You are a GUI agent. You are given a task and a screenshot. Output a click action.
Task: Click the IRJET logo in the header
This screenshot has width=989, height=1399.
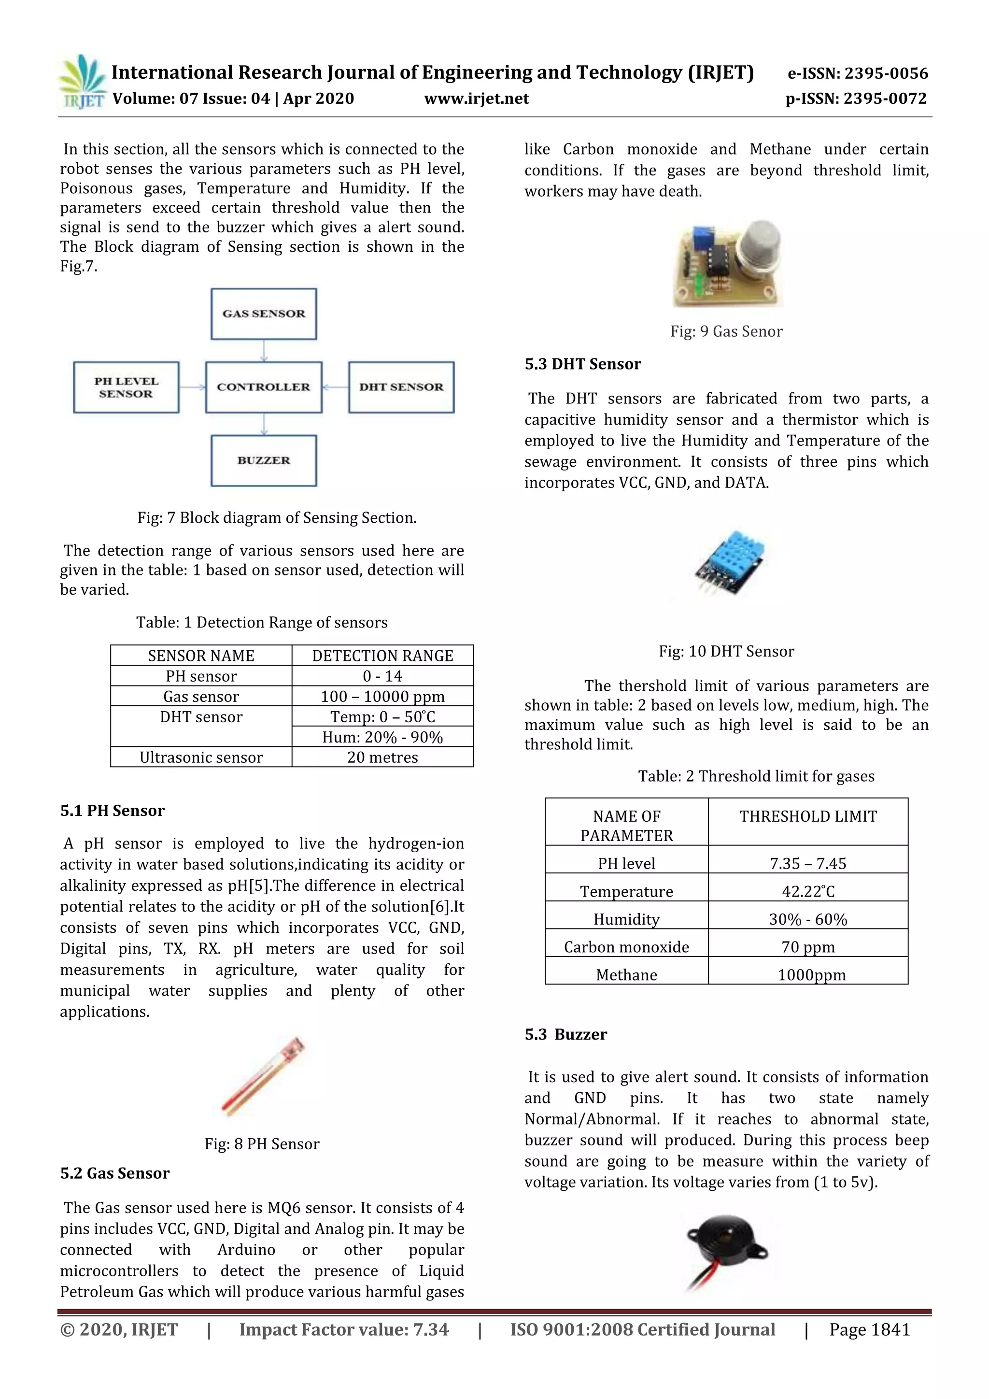pyautogui.click(x=82, y=82)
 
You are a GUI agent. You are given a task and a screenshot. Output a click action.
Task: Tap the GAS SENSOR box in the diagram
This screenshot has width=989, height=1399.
pyautogui.click(x=264, y=314)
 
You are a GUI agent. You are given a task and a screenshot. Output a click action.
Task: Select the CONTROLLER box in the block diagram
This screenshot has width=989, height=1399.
pyautogui.click(x=264, y=387)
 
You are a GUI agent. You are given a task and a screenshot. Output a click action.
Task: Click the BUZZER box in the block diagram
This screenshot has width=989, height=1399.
pyautogui.click(x=264, y=460)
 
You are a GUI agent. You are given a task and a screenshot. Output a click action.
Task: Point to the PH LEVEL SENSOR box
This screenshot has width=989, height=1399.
pyautogui.click(x=126, y=387)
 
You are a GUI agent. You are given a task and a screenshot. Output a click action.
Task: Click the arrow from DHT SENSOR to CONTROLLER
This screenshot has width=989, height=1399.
pyautogui.click(x=335, y=387)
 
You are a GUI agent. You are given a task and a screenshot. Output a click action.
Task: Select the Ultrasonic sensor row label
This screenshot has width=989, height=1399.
pyautogui.click(x=201, y=757)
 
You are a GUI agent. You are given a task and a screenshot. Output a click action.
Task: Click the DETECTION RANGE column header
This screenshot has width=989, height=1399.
pyautogui.click(x=382, y=656)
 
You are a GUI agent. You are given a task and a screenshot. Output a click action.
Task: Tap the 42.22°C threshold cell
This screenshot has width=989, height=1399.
pyautogui.click(x=807, y=891)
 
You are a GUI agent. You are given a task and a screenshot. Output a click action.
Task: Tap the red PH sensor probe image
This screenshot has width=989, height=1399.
pyautogui.click(x=263, y=1076)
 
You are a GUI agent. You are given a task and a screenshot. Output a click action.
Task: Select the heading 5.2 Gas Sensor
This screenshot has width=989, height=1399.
pyautogui.click(x=115, y=1173)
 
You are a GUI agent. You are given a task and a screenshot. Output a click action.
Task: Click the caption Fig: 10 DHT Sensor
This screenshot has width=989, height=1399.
pyautogui.click(x=726, y=651)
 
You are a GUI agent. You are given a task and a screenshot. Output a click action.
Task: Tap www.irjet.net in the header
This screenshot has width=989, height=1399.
pyautogui.click(x=476, y=99)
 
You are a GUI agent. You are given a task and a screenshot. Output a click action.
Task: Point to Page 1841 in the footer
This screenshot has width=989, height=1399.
pyautogui.click(x=869, y=1329)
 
